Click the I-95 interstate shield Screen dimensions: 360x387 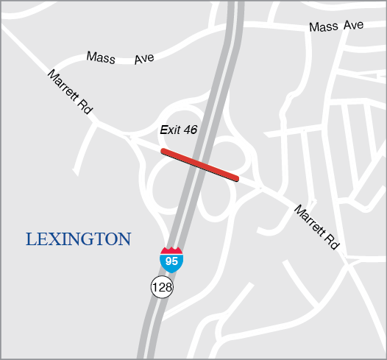point(171,260)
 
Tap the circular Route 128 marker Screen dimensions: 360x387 point(162,286)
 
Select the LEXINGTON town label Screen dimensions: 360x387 point(78,239)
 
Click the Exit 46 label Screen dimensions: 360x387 point(178,130)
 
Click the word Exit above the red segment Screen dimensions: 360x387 point(169,130)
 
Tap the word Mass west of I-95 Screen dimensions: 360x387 point(101,57)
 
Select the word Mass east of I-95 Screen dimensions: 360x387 point(324,27)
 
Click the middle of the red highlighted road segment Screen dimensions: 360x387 point(200,165)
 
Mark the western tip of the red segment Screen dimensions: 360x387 point(163,152)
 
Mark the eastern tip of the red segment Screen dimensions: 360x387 point(237,178)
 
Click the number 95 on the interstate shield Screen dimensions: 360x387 point(171,261)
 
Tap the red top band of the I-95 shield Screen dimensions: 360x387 point(171,252)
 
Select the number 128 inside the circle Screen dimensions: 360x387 point(162,286)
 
